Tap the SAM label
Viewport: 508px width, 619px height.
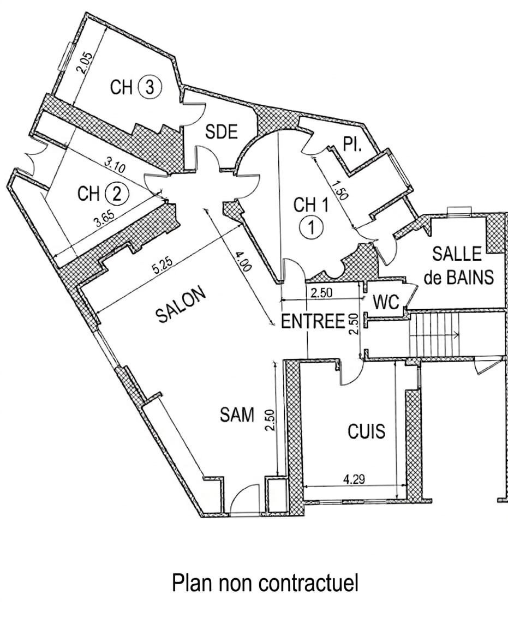(237, 415)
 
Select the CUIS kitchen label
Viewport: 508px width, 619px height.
(366, 431)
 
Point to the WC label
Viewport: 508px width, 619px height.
(386, 302)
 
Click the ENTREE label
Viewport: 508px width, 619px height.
(313, 321)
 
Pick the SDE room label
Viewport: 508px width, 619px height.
(222, 131)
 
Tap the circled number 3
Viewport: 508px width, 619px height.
(150, 87)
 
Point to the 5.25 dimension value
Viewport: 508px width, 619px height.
(164, 268)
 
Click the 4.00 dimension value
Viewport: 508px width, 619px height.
(242, 262)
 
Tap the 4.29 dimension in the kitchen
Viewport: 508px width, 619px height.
(354, 479)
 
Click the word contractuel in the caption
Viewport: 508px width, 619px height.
(309, 583)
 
